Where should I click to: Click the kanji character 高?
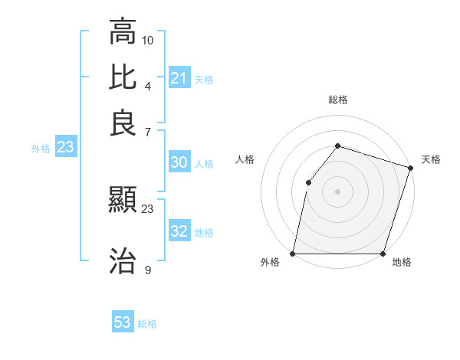tap(123, 32)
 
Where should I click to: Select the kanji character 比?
tap(123, 77)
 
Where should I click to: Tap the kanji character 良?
tap(123, 123)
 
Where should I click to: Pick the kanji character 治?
tap(123, 260)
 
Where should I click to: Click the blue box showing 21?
tap(179, 78)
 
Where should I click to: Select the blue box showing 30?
tap(179, 162)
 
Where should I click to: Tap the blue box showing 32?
tap(179, 231)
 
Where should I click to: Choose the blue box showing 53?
tap(123, 322)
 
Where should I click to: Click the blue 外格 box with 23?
tap(65, 148)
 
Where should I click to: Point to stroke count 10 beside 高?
tap(148, 40)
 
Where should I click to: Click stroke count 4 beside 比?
tap(147, 85)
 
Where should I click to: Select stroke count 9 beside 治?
tap(147, 269)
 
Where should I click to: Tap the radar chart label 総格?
tap(338, 100)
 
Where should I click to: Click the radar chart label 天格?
tap(431, 159)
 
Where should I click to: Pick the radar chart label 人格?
tap(245, 159)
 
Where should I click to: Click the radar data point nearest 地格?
tap(383, 254)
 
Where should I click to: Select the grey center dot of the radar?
tap(337, 191)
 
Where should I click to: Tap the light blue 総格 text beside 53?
tap(147, 323)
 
